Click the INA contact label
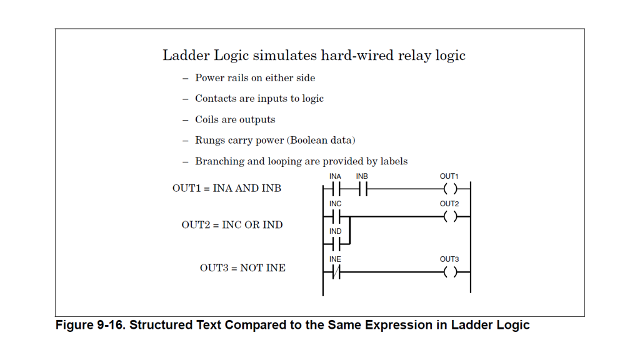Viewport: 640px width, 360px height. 335,177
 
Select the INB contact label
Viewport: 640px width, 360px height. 362,177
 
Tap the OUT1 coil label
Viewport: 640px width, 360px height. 449,177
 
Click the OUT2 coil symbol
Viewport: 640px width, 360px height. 449,217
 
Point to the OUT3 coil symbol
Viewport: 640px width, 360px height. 449,272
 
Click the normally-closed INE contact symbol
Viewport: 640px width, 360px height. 336,272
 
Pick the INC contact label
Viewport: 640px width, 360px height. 335,204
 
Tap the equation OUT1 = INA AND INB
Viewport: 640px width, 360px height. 227,188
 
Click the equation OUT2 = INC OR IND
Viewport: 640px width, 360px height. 232,225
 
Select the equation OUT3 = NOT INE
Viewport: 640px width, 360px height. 242,268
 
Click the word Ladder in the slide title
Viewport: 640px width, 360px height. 186,56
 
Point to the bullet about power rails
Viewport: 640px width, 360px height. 255,78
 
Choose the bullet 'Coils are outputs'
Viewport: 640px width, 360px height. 235,119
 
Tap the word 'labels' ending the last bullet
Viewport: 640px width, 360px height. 392,161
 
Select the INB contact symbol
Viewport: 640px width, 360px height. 362,189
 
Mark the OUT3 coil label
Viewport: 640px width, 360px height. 449,259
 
